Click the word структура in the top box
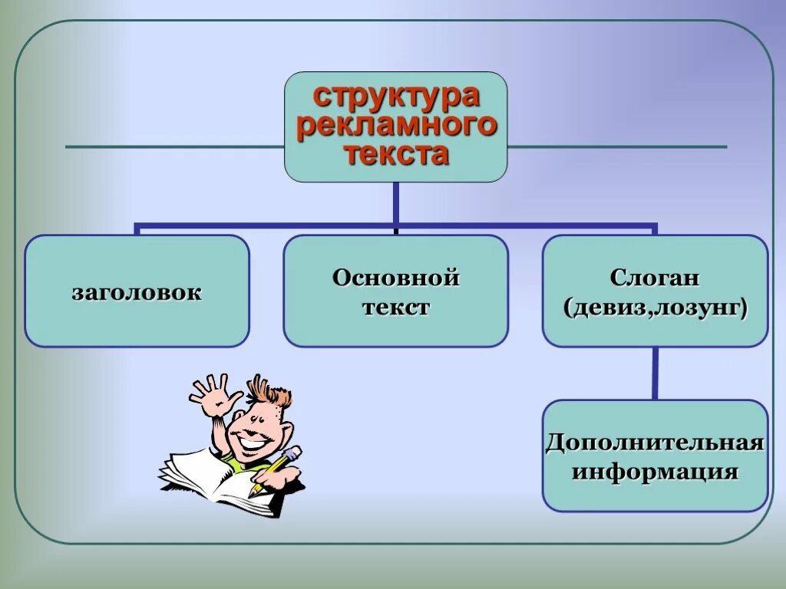(396, 97)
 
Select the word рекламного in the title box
(396, 125)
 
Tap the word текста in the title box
(396, 154)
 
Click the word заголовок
(137, 292)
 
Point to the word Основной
(396, 278)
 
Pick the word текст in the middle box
(396, 308)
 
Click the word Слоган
(655, 278)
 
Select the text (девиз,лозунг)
(655, 308)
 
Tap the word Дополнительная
(655, 443)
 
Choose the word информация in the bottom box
(655, 471)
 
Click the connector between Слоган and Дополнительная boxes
(655, 373)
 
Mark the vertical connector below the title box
(395, 202)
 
